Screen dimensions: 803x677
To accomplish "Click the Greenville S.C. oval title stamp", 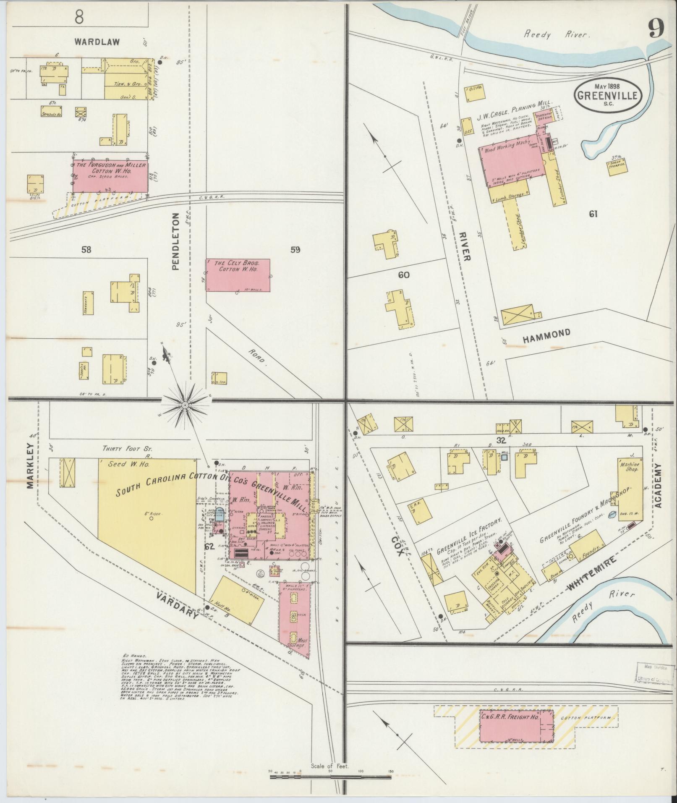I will (608, 95).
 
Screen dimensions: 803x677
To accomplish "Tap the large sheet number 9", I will (656, 29).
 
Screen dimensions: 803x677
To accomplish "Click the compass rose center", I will (185, 405).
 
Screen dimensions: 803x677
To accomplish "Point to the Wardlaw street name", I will (97, 42).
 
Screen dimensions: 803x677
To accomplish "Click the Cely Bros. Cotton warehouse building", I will (238, 275).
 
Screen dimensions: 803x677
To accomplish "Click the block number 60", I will (404, 275).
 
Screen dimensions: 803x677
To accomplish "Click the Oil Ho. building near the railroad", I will (475, 94).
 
